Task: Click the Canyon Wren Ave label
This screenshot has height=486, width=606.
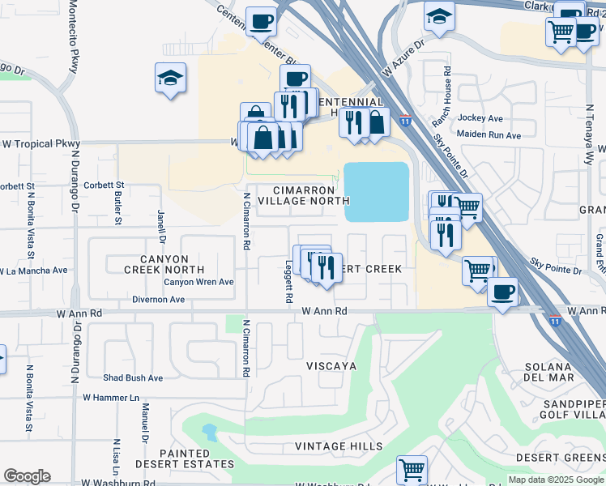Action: (198, 282)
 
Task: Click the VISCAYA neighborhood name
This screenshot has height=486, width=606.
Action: (331, 366)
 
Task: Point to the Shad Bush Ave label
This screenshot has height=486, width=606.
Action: (133, 377)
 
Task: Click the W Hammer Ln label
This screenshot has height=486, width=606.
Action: (111, 398)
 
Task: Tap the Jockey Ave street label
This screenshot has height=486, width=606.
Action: (480, 118)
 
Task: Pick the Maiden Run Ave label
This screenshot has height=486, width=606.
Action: (489, 135)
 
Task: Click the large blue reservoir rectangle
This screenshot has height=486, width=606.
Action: (377, 191)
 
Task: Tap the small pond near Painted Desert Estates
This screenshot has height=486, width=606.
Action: (210, 431)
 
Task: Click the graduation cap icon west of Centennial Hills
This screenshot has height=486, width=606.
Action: (170, 79)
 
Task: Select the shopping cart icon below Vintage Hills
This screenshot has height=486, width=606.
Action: (412, 469)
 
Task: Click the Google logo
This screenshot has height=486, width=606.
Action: (27, 476)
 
